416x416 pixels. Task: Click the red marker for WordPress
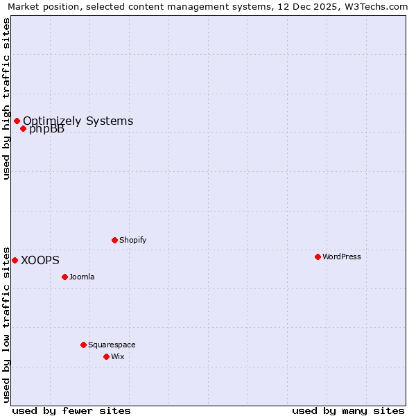[318, 257]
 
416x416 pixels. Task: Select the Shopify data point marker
[114, 240]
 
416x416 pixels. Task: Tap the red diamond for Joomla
[64, 277]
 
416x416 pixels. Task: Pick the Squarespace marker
[83, 345]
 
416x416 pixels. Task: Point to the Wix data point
[106, 356]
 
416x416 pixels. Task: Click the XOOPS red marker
[15, 260]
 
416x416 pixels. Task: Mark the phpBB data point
[23, 128]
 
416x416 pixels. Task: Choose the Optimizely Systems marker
[17, 121]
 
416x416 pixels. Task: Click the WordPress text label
[342, 257]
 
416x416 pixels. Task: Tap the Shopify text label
[132, 240]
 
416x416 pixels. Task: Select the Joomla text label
[82, 277]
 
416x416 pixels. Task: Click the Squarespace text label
[112, 345]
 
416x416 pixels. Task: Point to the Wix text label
[118, 356]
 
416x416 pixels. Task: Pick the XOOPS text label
[40, 260]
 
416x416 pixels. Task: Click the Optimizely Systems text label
[78, 121]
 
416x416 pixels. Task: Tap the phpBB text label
[46, 130]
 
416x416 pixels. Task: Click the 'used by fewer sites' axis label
[71, 410]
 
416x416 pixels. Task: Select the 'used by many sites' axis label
[348, 410]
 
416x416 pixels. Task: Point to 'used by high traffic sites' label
[6, 98]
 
